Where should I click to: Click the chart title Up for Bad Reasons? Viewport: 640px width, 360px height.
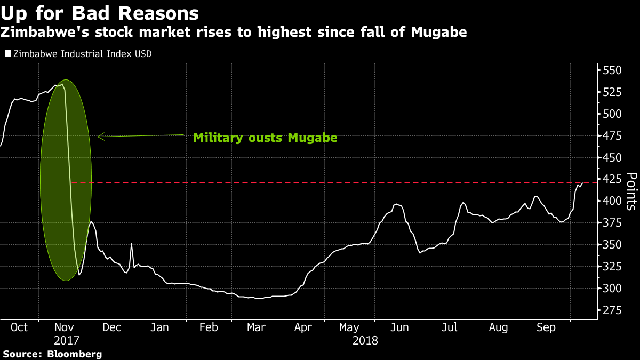[100, 13]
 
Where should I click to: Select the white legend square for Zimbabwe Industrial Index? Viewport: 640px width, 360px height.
[7, 54]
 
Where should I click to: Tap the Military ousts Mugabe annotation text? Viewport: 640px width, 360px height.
[265, 138]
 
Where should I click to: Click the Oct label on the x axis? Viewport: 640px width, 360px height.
[19, 327]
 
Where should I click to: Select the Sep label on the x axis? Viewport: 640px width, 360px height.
[545, 327]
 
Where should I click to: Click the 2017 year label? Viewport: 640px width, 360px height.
[67, 340]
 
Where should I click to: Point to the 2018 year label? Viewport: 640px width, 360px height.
[365, 340]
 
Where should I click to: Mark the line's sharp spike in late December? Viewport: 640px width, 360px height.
[131, 244]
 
